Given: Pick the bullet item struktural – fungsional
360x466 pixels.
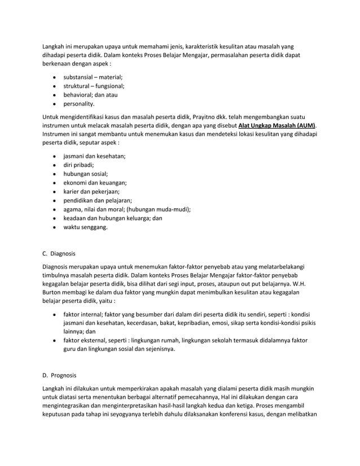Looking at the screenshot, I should point(94,86).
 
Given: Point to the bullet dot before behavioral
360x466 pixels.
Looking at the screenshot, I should point(53,95).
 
